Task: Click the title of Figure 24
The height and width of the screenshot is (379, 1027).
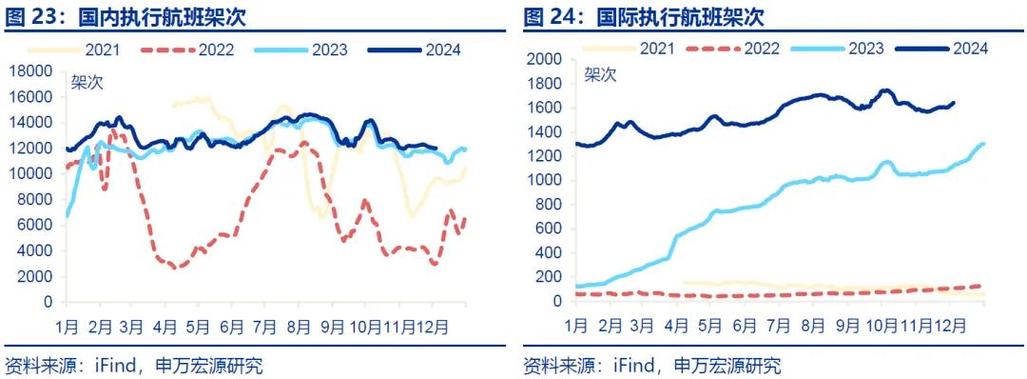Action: (644, 17)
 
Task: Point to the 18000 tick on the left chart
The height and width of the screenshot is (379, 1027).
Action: (32, 70)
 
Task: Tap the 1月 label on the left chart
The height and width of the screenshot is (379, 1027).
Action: (67, 327)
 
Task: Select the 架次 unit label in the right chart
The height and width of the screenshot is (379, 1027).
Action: (601, 74)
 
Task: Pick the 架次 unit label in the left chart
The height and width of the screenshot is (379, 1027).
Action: (87, 83)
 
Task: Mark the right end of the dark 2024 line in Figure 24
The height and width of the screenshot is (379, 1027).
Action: (954, 103)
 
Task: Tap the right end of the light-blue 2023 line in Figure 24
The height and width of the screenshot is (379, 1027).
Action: (982, 144)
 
